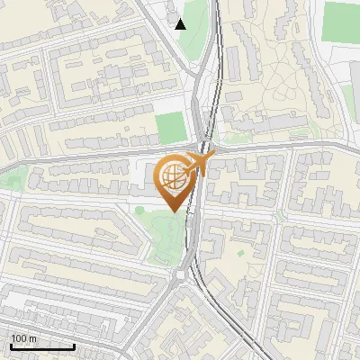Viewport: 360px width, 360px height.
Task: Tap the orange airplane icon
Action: click(202, 162)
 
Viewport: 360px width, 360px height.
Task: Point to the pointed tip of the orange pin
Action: click(174, 211)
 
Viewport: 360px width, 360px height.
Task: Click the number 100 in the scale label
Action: click(19, 339)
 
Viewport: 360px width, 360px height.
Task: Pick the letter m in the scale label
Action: click(33, 339)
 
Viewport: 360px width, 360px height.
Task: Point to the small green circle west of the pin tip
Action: click(139, 210)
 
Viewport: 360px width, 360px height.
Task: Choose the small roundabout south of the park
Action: click(186, 275)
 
